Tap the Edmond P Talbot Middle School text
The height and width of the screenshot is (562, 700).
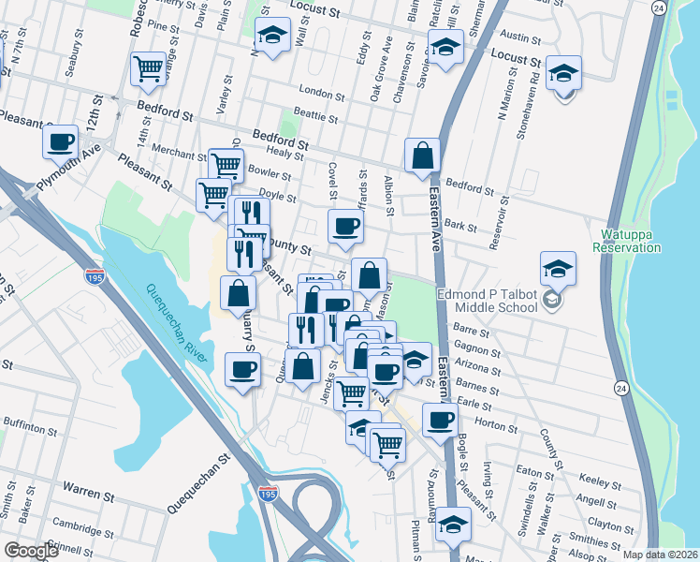coord(492,302)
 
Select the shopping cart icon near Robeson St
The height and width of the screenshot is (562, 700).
coord(148,69)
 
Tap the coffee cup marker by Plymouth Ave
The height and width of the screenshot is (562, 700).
coord(61,142)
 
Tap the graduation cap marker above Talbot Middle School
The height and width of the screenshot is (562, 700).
coord(557,269)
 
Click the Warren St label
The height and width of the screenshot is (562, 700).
coord(88,489)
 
